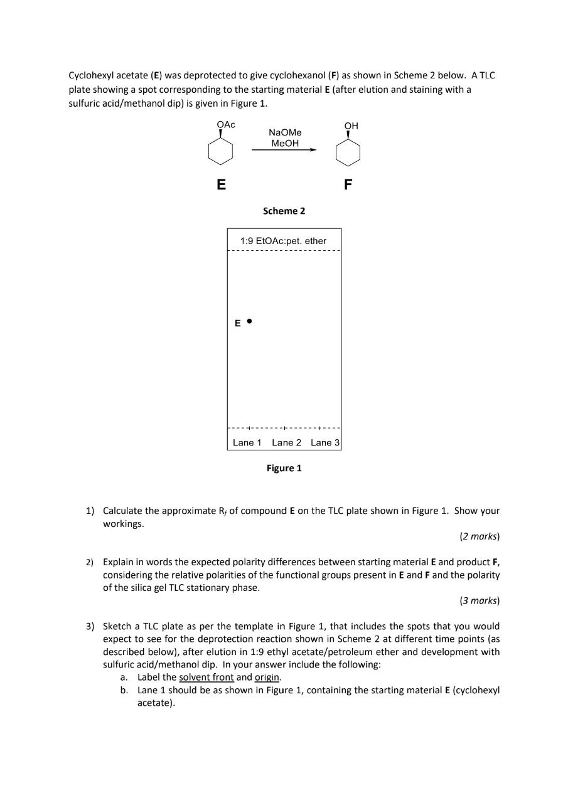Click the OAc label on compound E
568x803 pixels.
226,124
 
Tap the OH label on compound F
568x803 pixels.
351,126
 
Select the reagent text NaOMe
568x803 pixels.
285,132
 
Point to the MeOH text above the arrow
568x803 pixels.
285,143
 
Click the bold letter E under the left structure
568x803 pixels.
221,185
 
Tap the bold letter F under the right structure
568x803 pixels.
348,185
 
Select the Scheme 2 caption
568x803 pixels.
284,211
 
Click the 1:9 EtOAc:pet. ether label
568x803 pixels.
284,241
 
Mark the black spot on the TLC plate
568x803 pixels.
249,321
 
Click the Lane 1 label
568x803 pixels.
247,443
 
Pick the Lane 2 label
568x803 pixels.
286,443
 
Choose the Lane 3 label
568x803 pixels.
325,443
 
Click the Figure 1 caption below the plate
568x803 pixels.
284,468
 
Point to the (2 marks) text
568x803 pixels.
480,536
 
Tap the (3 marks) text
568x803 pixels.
480,601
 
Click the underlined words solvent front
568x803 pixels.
206,678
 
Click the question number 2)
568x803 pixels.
90,562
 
